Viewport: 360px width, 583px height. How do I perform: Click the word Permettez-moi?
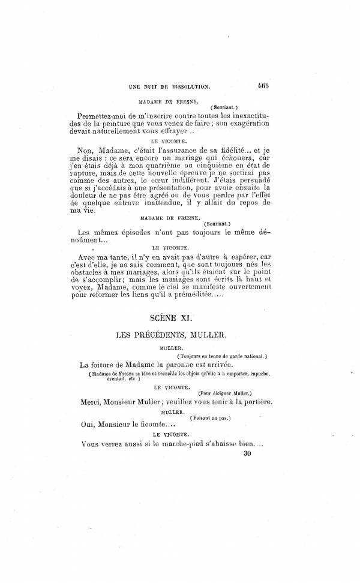[104, 115]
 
